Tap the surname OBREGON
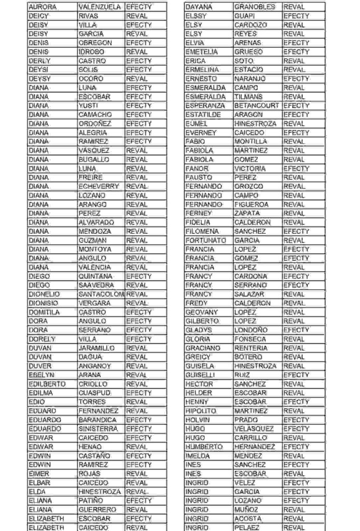point(96,43)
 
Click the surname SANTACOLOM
point(101,294)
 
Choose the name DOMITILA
point(44,312)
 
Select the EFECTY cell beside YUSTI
point(139,106)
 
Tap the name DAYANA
point(198,7)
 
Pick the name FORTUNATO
point(205,240)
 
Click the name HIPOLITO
point(200,411)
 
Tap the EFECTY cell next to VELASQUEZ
point(296,429)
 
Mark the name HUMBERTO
point(203,446)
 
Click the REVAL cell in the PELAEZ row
point(294,527)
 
